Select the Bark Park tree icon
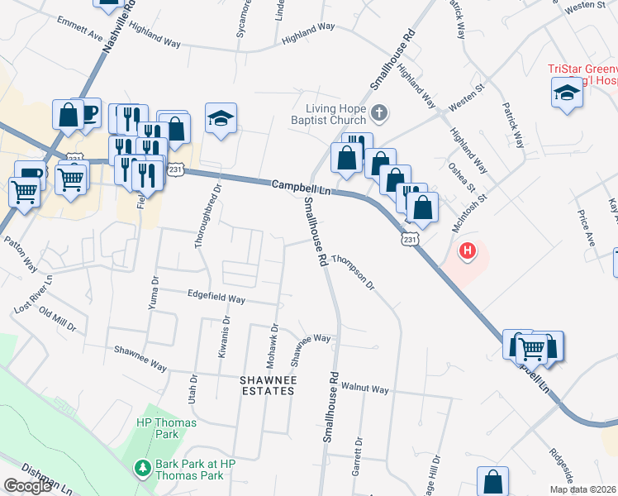click(x=142, y=469)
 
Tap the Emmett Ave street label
click(x=80, y=29)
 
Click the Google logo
click(x=27, y=486)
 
